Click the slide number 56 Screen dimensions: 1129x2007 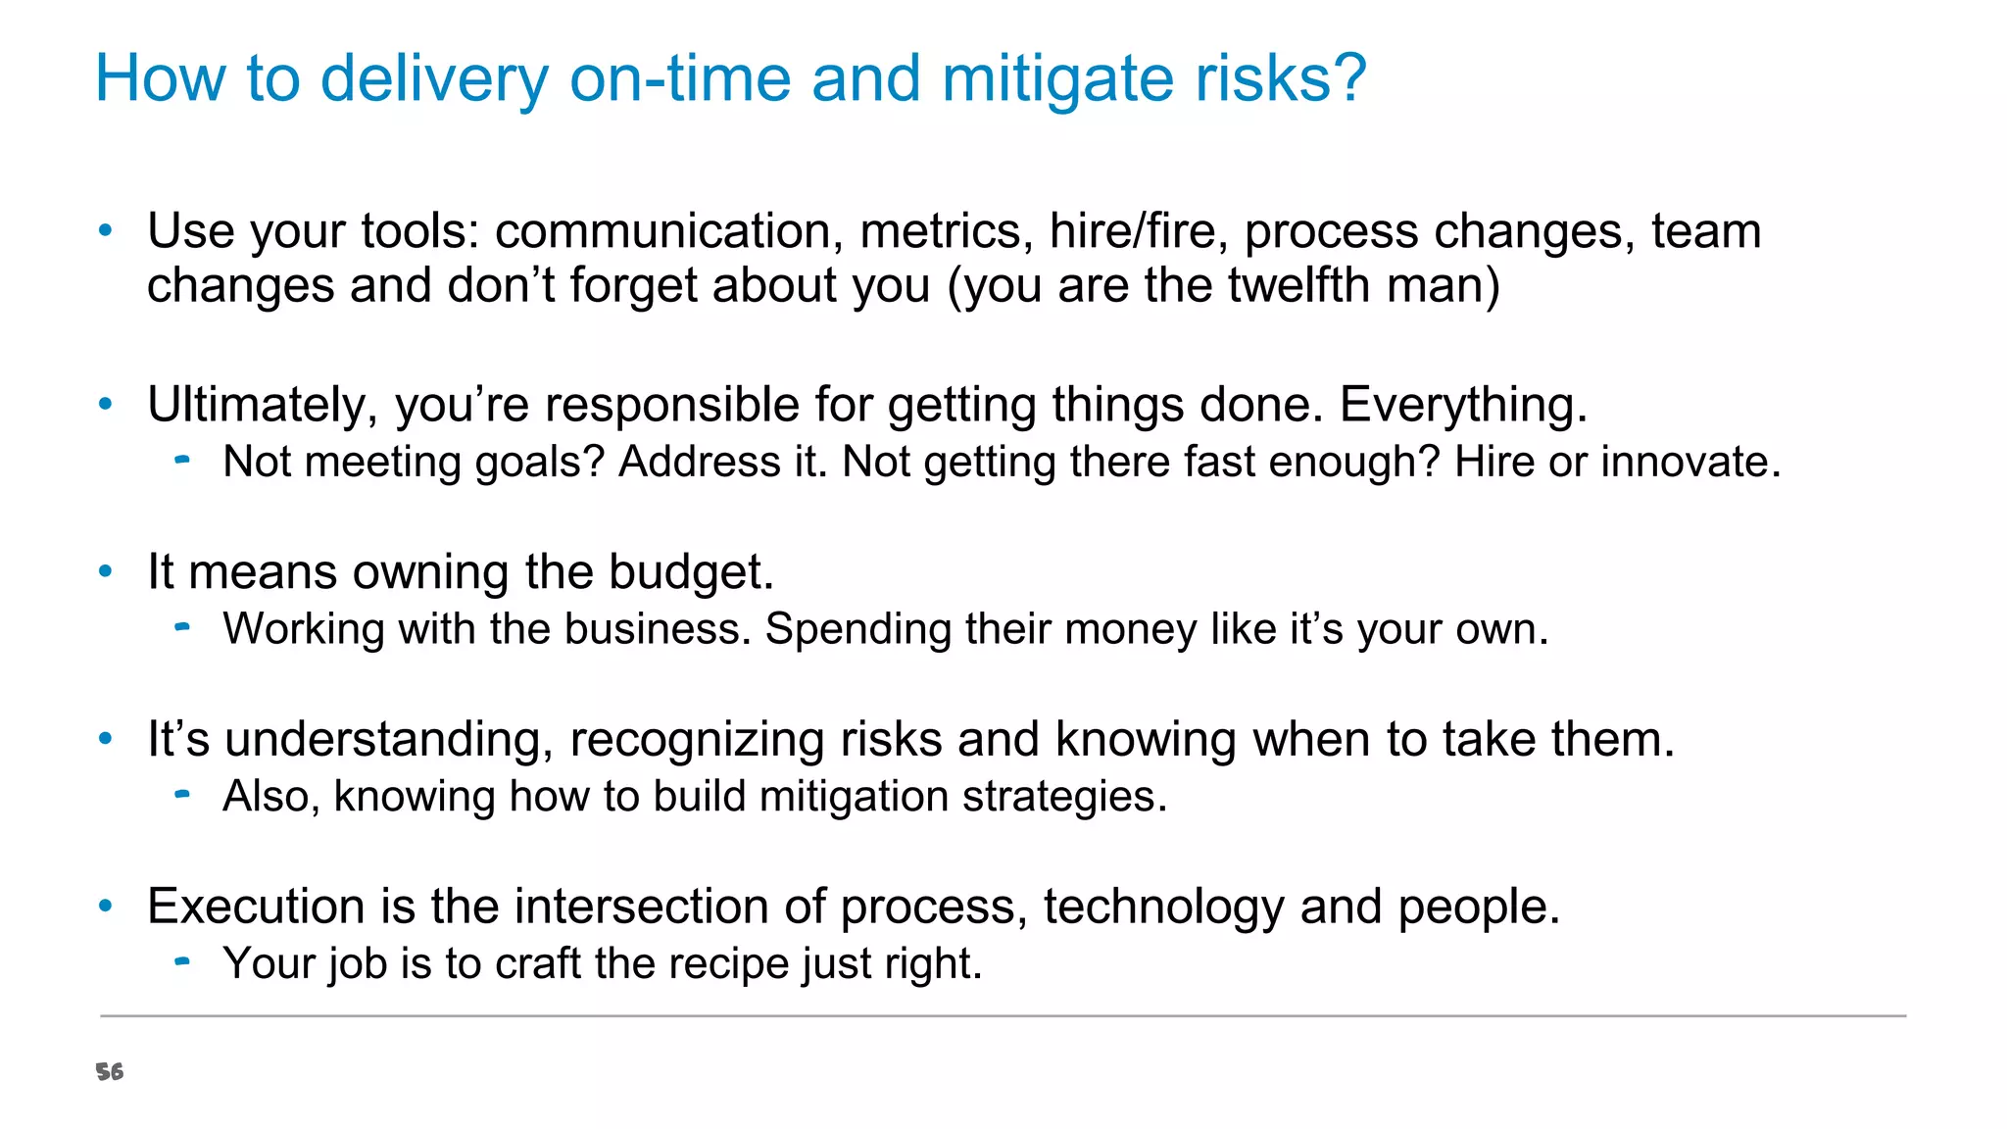pos(110,1072)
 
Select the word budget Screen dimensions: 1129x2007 pos(691,572)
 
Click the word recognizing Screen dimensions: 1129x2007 pos(697,740)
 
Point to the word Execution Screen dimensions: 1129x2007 pos(255,907)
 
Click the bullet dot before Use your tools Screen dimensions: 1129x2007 pos(106,231)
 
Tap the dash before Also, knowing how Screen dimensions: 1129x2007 pos(181,794)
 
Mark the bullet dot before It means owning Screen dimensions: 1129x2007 pos(106,571)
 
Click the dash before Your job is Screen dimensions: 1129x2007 pos(181,961)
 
